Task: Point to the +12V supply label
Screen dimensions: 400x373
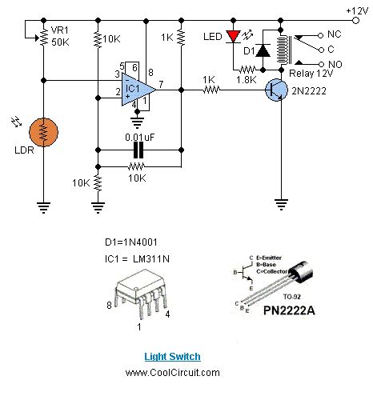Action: pyautogui.click(x=357, y=9)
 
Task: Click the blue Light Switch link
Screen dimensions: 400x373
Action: pyautogui.click(x=172, y=356)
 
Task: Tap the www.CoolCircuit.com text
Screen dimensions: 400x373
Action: pyautogui.click(x=172, y=372)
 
